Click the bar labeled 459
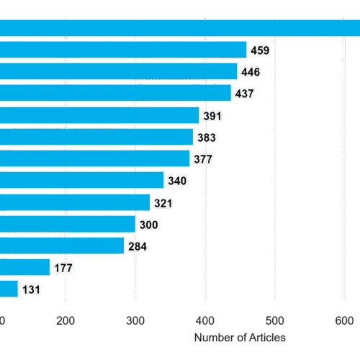coord(123,50)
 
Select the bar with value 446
coord(119,71)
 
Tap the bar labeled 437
coord(115,93)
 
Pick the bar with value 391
coord(99,115)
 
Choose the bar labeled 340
coord(82,180)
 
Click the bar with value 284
coord(62,246)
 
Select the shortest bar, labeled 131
coord(9,289)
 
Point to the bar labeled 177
coord(25,267)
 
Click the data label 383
coord(207,138)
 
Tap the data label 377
coord(203,159)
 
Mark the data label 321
coord(163,204)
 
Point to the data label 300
coord(149,225)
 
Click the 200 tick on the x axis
coord(66,321)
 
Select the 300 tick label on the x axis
coord(135,321)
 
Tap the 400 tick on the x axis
coord(205,321)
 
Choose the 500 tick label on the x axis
coord(275,321)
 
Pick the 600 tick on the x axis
coord(344,321)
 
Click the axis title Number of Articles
coord(240,338)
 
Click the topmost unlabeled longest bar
coord(180,28)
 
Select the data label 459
coord(260,50)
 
